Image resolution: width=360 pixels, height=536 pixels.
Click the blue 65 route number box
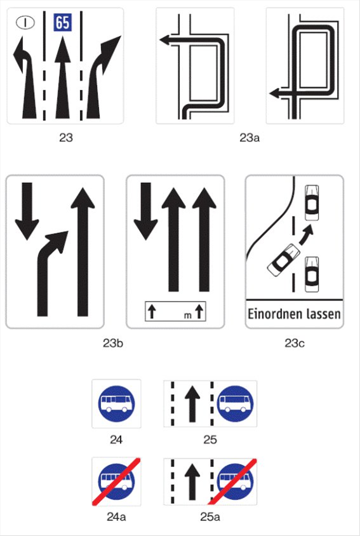point(63,23)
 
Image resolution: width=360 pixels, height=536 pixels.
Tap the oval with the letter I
point(25,23)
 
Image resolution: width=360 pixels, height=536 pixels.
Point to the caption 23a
point(250,138)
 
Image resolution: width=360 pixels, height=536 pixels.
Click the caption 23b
point(113,343)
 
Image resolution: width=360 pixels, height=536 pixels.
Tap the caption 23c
point(295,343)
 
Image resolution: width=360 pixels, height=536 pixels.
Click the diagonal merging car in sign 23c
point(283,260)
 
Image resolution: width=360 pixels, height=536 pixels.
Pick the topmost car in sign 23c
point(312,203)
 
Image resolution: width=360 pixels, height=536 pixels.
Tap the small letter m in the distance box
point(188,316)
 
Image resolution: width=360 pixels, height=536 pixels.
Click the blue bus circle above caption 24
point(117,404)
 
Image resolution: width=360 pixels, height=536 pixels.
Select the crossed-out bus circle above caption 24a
point(117,481)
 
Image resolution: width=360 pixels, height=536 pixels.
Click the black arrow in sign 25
point(192,404)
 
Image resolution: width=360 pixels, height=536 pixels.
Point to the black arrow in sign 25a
point(192,481)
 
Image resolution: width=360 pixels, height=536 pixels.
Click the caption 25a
point(210,517)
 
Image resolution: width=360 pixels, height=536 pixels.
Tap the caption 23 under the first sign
point(66,137)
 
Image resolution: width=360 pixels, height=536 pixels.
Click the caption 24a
point(116,517)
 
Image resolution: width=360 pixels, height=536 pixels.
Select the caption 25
point(210,439)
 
